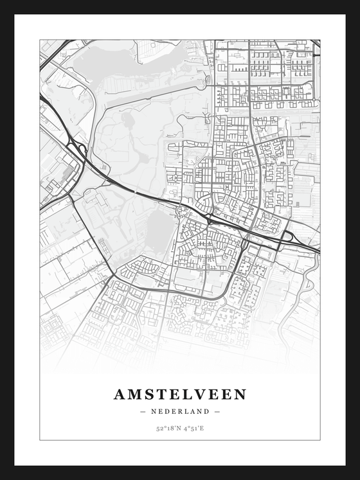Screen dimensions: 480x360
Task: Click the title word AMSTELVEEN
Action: tap(180, 395)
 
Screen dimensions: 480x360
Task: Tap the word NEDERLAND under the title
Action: tap(180, 411)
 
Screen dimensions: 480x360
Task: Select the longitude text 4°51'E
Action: tap(193, 427)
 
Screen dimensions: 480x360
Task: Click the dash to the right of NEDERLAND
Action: tap(217, 411)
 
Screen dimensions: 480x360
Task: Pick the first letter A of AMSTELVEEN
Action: tap(120, 395)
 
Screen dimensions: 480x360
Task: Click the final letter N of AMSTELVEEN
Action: tap(240, 395)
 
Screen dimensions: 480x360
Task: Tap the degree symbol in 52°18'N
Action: tap(164, 426)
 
